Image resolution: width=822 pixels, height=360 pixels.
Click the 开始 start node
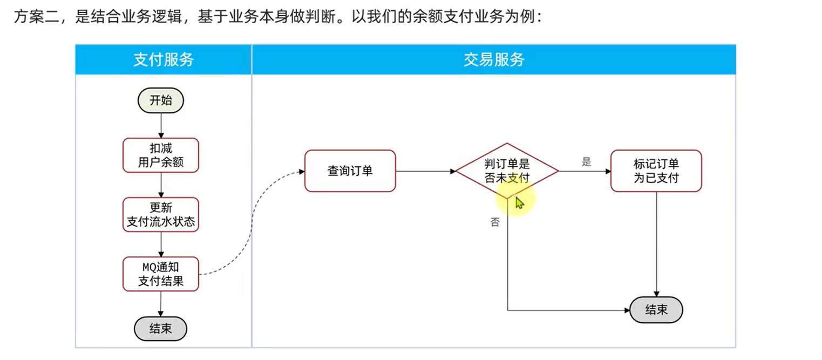tap(160, 100)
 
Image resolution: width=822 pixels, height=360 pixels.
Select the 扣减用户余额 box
tap(160, 155)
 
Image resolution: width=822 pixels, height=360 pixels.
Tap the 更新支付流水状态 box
tap(160, 214)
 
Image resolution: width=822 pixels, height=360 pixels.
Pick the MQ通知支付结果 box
tap(160, 274)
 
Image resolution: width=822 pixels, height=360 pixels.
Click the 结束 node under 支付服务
tap(160, 328)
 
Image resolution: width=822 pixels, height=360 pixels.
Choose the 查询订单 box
tap(350, 171)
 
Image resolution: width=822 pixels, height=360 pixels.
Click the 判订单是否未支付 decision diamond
tap(507, 171)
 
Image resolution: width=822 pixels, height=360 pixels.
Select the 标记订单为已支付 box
tap(656, 171)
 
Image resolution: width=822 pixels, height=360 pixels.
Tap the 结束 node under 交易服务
tap(656, 310)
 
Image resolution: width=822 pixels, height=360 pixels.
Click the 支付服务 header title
tap(163, 59)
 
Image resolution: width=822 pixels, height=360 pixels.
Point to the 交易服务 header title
tap(493, 59)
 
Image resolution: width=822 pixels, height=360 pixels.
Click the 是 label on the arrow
tap(586, 161)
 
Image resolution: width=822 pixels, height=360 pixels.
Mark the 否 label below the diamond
tap(495, 222)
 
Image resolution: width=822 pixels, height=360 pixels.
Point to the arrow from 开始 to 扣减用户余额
tap(160, 125)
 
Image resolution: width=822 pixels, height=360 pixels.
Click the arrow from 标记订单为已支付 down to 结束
tap(656, 243)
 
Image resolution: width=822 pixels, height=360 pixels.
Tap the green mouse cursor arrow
tap(519, 203)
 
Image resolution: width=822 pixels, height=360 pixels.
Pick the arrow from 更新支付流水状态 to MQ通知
tap(160, 244)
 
